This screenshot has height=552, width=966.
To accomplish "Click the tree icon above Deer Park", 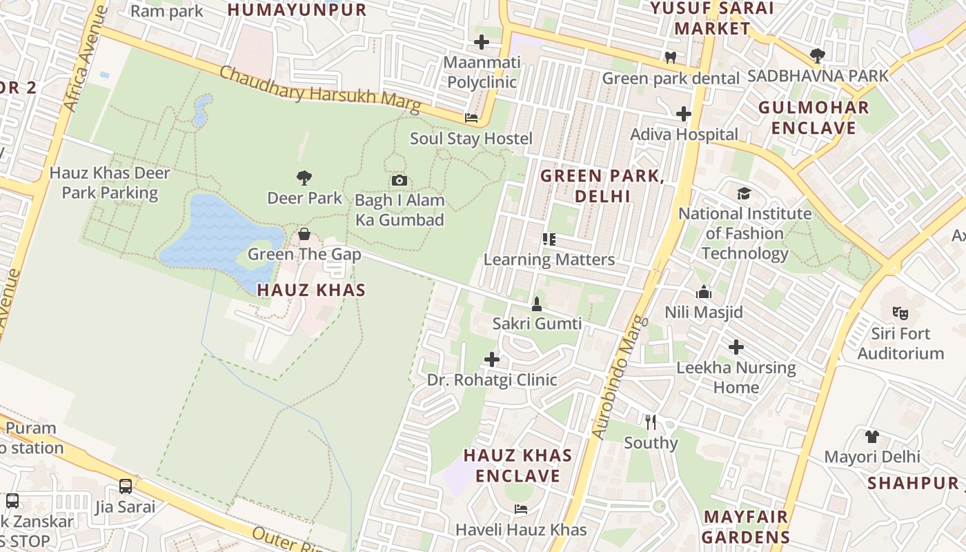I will coord(304,178).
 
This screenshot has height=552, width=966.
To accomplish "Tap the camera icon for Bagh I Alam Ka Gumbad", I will coord(399,181).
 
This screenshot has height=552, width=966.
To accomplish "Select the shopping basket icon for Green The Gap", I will coord(304,235).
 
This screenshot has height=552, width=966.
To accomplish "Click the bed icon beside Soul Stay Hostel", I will coord(471,118).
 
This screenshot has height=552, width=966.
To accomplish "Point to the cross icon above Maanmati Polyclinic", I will coord(482,42).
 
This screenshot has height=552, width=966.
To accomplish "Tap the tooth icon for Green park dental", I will coord(670,58).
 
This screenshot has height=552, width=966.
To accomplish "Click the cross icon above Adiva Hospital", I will coord(684,114).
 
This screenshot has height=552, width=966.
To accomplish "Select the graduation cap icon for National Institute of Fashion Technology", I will coord(744,193).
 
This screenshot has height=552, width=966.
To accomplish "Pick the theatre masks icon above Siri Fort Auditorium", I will coord(900,313).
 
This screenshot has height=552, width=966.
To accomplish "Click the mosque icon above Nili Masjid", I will coord(704,292).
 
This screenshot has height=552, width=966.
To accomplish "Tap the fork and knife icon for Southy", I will coord(650,422).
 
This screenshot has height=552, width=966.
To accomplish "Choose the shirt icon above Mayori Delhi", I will coord(872,436).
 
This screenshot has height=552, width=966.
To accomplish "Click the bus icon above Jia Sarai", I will coord(126,486).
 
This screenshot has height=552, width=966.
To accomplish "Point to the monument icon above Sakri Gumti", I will coord(537,304).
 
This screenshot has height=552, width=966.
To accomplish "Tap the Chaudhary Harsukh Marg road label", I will coord(320,90).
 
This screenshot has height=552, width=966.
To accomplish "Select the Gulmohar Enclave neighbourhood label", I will coord(814,118).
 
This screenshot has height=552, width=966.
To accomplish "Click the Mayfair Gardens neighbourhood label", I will coord(746,527).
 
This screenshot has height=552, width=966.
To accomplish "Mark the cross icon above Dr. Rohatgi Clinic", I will coord(492,359).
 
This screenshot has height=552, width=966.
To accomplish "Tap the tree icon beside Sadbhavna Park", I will coord(818,55).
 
